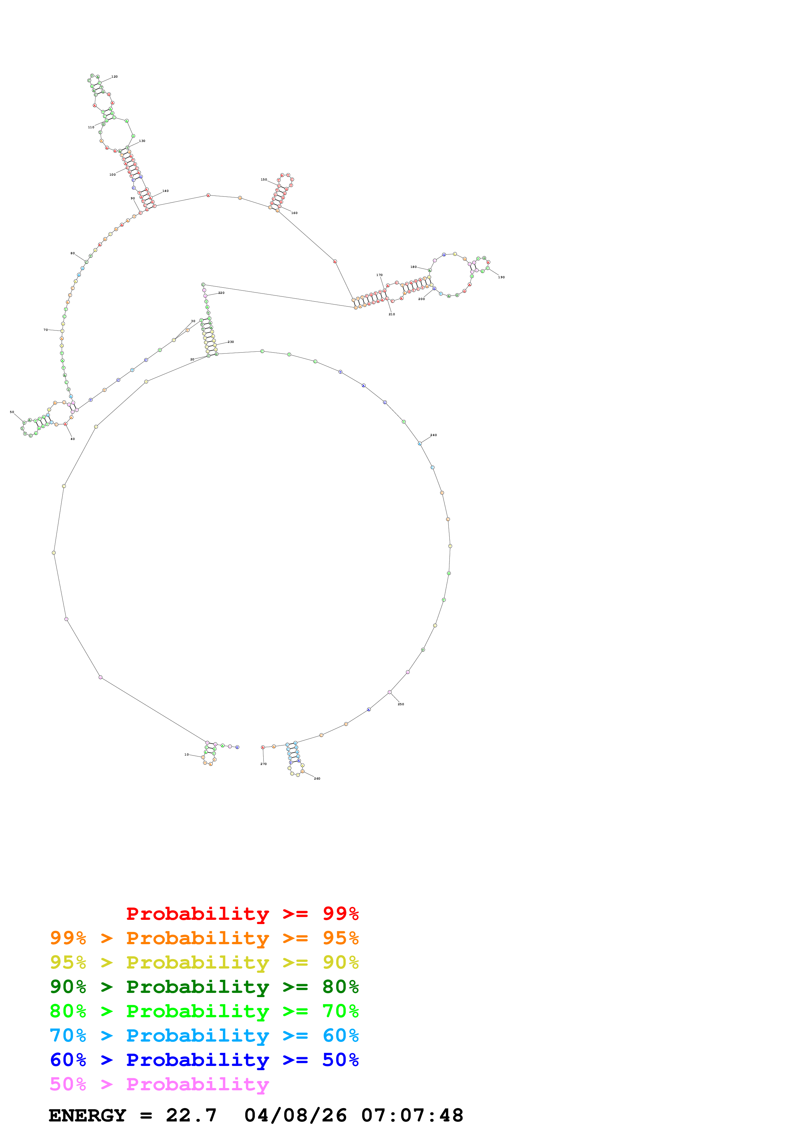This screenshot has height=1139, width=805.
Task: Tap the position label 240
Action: pyautogui.click(x=434, y=435)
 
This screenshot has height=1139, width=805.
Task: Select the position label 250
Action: pyautogui.click(x=401, y=704)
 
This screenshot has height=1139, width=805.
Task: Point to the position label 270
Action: pyautogui.click(x=263, y=764)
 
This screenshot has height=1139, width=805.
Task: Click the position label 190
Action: pyautogui.click(x=501, y=277)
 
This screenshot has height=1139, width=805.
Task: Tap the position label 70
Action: pyautogui.click(x=46, y=330)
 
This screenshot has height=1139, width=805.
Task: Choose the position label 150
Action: pyautogui.click(x=264, y=180)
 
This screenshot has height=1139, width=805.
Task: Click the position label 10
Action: pyautogui.click(x=186, y=755)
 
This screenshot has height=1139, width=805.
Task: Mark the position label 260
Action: pyautogui.click(x=317, y=778)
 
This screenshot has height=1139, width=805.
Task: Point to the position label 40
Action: pyautogui.click(x=72, y=439)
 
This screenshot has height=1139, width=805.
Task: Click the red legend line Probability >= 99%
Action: pyautogui.click(x=242, y=913)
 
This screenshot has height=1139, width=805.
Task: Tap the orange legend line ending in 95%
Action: pyautogui.click(x=204, y=938)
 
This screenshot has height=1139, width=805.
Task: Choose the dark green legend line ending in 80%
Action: pyautogui.click(x=204, y=987)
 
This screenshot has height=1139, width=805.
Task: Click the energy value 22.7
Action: pyautogui.click(x=191, y=1115)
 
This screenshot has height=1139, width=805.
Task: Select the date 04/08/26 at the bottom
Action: pyautogui.click(x=296, y=1115)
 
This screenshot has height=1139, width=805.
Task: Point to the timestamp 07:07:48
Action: pyautogui.click(x=412, y=1115)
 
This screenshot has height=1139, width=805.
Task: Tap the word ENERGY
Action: pyautogui.click(x=87, y=1115)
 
